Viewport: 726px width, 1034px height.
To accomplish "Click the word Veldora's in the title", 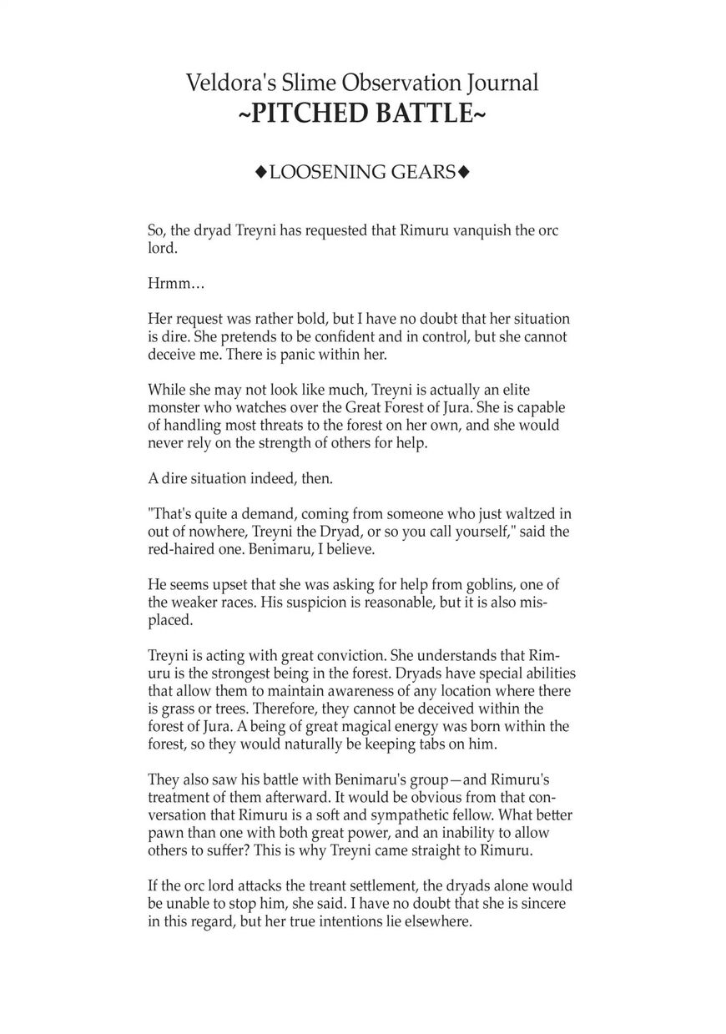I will click(223, 83).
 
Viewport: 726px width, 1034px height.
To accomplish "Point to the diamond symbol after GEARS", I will click(465, 173).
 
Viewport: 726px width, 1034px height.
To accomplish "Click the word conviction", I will click(334, 656).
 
